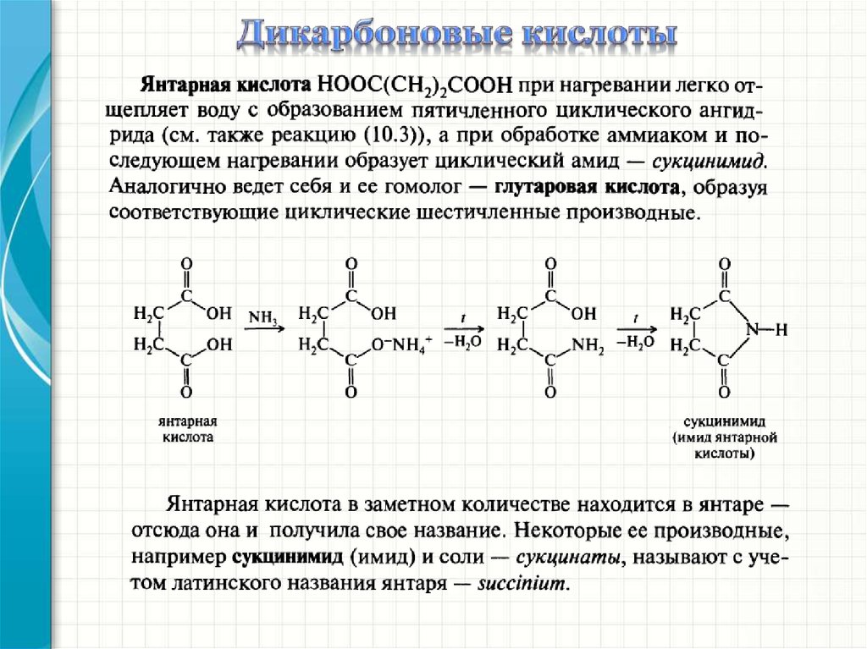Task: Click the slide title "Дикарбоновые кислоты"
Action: pos(457,33)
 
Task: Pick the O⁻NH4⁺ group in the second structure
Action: pos(400,344)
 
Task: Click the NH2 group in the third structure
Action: pos(588,345)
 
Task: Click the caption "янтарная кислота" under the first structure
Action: pos(187,429)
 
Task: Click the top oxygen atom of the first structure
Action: pos(186,264)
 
